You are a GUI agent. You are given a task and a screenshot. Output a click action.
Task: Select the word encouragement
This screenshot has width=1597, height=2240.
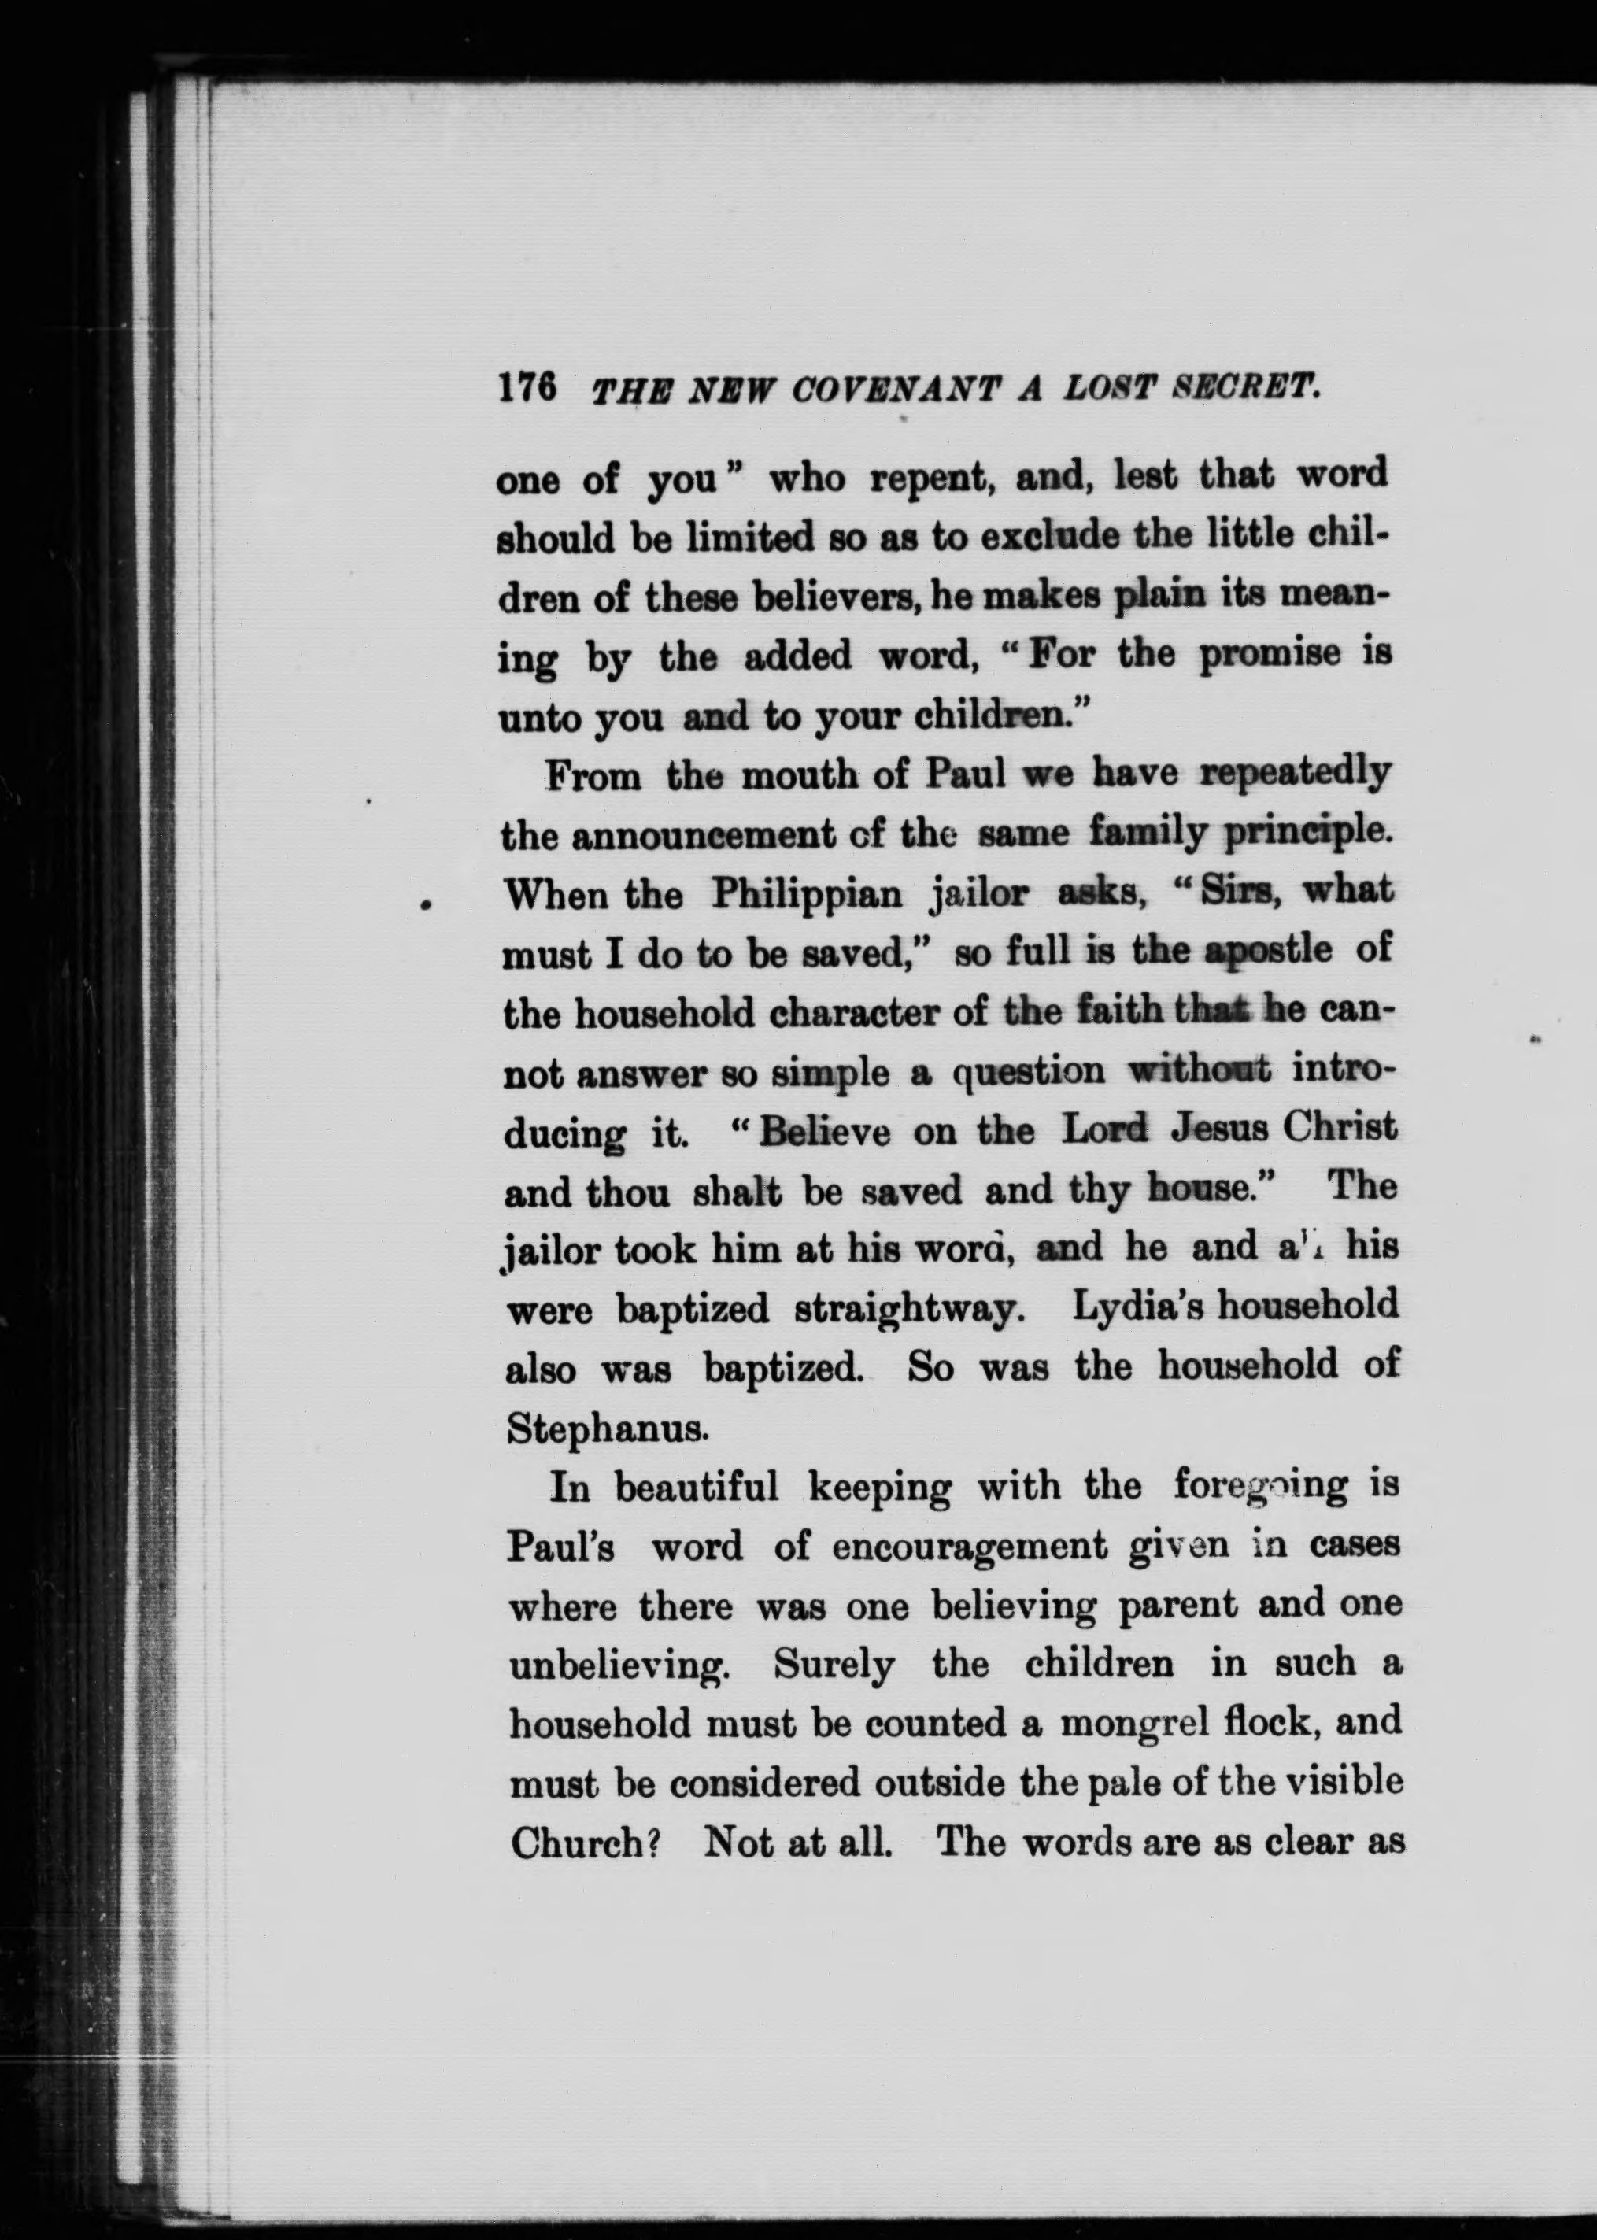[969, 1547]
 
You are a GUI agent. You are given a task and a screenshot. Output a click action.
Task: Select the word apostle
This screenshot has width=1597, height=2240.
[1269, 951]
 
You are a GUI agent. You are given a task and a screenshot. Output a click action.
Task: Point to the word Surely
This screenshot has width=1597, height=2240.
[834, 1665]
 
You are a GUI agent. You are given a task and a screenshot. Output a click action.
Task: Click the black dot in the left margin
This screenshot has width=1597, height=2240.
[425, 904]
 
